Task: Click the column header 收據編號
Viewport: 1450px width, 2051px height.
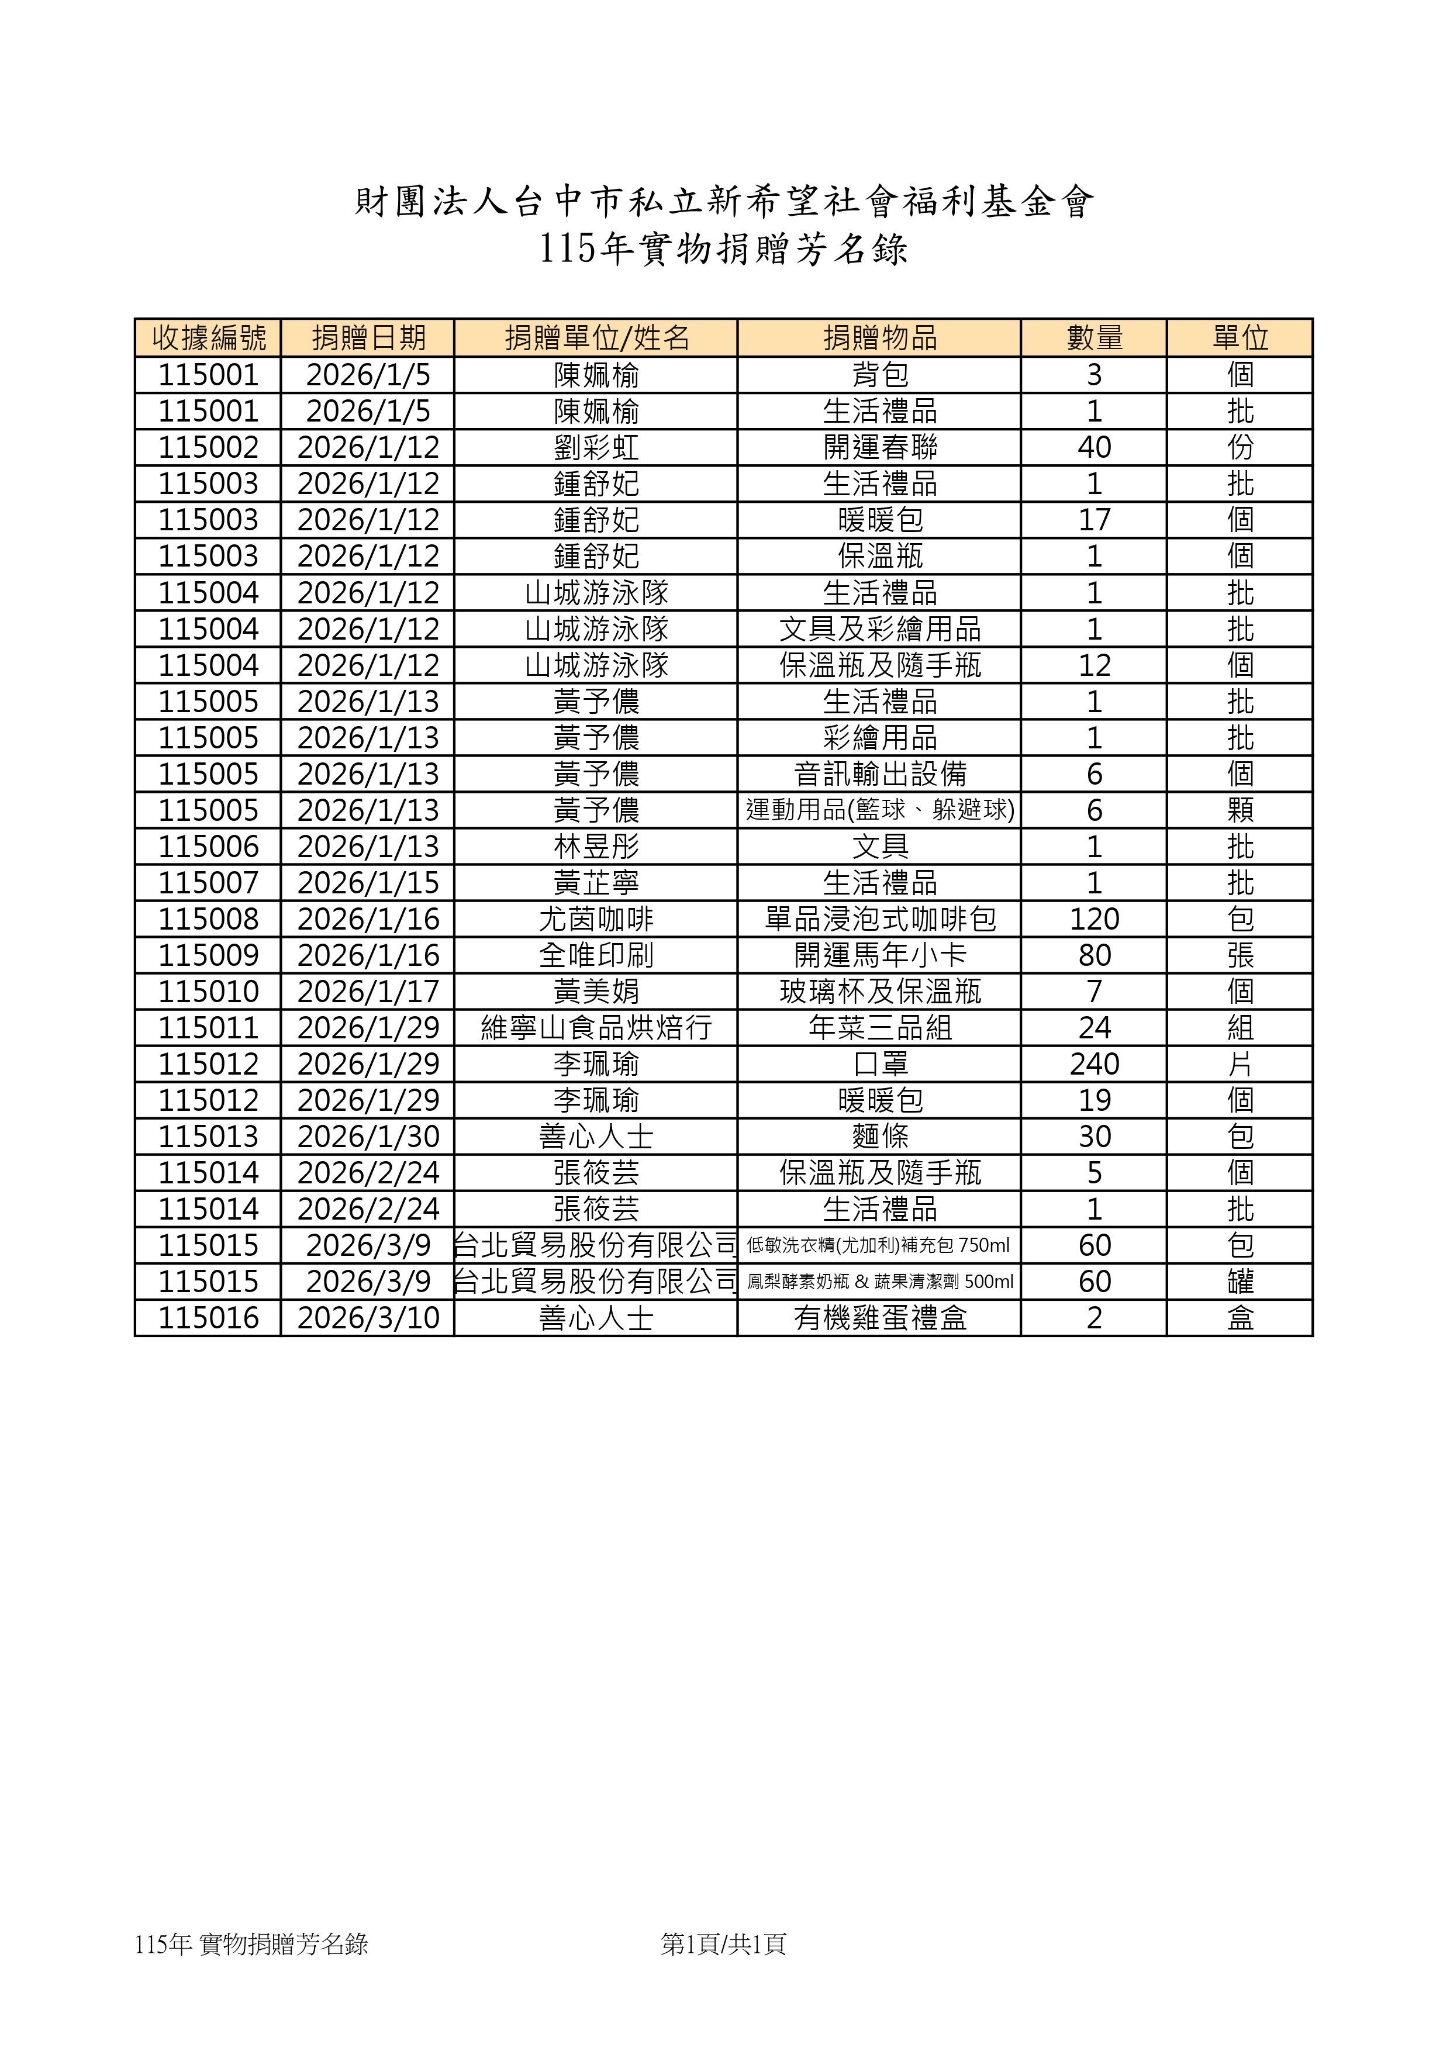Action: pyautogui.click(x=208, y=338)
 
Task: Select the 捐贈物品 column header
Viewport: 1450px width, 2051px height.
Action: pyautogui.click(x=879, y=338)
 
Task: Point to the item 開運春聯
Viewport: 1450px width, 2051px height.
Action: pyautogui.click(x=879, y=447)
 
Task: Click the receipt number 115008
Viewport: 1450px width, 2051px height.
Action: pyautogui.click(x=208, y=919)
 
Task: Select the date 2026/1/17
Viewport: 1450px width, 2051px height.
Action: pyautogui.click(x=368, y=990)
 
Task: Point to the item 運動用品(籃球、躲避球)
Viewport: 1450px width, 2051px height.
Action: pyautogui.click(x=879, y=809)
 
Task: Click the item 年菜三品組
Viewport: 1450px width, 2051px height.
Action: pyautogui.click(x=879, y=1027)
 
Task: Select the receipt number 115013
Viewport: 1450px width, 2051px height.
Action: pyautogui.click(x=208, y=1136)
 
